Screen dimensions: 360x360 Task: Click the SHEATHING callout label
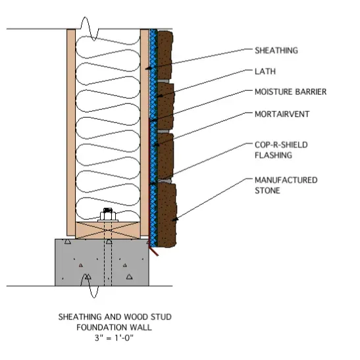pos(276,51)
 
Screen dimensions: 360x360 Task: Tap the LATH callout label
pos(265,71)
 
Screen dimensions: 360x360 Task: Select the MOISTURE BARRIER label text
pos(290,92)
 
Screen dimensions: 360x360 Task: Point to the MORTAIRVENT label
pos(282,114)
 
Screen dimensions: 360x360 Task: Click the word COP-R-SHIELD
pos(281,145)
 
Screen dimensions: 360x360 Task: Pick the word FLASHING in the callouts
pos(273,155)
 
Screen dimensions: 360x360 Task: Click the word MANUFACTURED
pos(286,180)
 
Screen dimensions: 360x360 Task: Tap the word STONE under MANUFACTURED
pos(267,191)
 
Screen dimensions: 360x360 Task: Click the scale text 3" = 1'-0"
pos(114,338)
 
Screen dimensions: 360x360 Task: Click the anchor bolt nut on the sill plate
pos(108,216)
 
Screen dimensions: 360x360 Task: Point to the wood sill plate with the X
pos(108,230)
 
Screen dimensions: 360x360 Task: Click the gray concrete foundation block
pos(102,262)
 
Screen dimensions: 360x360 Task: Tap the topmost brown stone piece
pos(165,55)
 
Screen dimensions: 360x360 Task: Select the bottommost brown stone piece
pos(167,215)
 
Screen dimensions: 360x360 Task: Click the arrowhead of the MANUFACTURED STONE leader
pos(175,220)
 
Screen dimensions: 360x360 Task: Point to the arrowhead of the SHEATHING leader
pos(148,68)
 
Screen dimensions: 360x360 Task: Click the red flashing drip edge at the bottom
pos(154,251)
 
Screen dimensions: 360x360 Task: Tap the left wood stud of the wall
pos(71,132)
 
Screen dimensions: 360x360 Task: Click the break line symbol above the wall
pos(90,29)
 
